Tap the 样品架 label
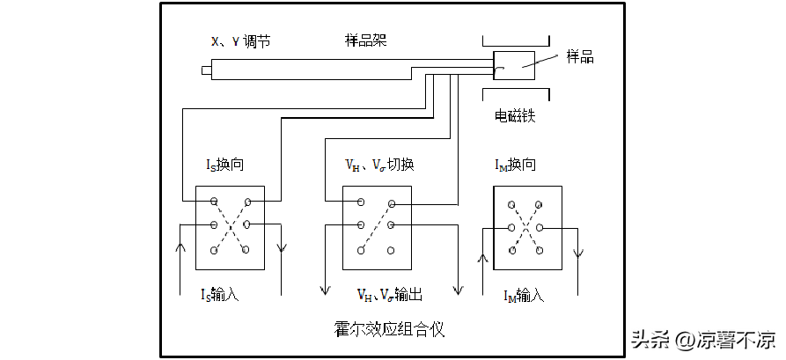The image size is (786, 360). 365,40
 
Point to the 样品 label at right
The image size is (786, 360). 578,57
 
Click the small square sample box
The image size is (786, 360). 513,65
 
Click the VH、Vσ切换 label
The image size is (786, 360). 379,165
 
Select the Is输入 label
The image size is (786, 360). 220,295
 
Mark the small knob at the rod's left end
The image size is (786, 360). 206,70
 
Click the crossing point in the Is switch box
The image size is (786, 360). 230,226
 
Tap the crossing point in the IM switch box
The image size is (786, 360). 525,226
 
